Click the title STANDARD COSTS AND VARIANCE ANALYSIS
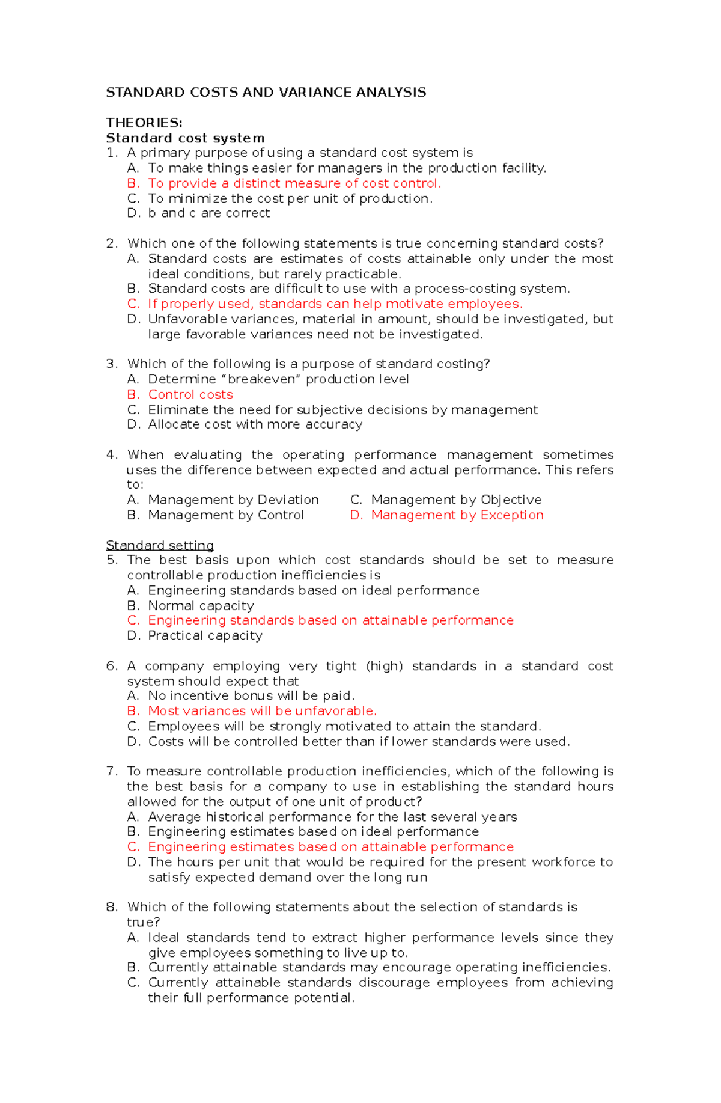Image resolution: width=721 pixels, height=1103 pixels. (x=266, y=92)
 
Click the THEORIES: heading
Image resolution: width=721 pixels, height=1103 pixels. (x=144, y=123)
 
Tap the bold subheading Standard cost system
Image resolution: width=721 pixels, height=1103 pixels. (x=185, y=138)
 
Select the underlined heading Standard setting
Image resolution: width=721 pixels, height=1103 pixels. (x=160, y=545)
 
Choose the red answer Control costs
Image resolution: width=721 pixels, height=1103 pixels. (x=190, y=394)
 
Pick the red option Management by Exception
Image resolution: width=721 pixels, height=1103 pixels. (x=457, y=515)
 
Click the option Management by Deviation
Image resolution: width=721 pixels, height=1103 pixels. (x=233, y=500)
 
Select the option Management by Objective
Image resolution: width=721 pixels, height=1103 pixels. (x=456, y=500)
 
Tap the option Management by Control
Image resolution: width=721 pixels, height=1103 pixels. (x=226, y=515)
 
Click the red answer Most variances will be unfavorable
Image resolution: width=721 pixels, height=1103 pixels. (x=262, y=711)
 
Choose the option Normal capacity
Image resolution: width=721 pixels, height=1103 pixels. (x=201, y=605)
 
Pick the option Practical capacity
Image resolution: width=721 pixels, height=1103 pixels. (x=205, y=635)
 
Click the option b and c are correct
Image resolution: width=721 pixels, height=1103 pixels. (x=209, y=213)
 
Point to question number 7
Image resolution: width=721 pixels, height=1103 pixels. (x=111, y=771)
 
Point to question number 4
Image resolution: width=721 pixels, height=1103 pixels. (x=111, y=454)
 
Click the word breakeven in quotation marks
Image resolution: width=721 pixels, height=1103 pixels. (x=263, y=379)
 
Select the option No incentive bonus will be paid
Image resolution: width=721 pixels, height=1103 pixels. (x=251, y=695)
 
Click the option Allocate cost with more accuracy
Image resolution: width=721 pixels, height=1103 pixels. (x=255, y=424)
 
